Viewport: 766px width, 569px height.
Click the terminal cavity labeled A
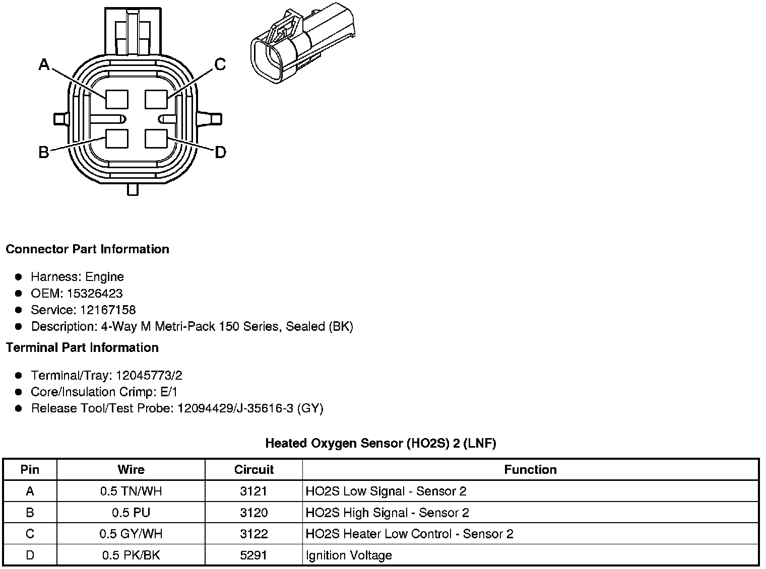click(x=117, y=99)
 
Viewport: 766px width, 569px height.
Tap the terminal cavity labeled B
click(x=117, y=139)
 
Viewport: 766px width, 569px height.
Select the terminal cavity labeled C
click(x=156, y=99)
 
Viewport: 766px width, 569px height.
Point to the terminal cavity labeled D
click(x=156, y=139)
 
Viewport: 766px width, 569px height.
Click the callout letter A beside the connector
click(x=44, y=65)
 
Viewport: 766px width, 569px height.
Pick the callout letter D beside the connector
click(x=220, y=153)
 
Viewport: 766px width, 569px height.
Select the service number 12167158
click(x=108, y=310)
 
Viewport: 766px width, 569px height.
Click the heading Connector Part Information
click(x=87, y=249)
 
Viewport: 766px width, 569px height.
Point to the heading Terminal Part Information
click(x=82, y=348)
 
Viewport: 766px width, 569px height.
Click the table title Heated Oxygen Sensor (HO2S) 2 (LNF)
click(x=380, y=444)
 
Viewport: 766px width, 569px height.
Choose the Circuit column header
click(x=253, y=470)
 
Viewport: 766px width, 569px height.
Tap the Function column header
click(x=530, y=470)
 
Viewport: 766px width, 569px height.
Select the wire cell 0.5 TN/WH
click(x=131, y=491)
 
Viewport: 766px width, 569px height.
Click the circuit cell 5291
click(x=253, y=556)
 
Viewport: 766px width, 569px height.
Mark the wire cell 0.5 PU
click(x=131, y=513)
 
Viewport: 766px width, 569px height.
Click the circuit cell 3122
click(x=253, y=534)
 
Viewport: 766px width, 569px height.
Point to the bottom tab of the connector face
click(x=133, y=190)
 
